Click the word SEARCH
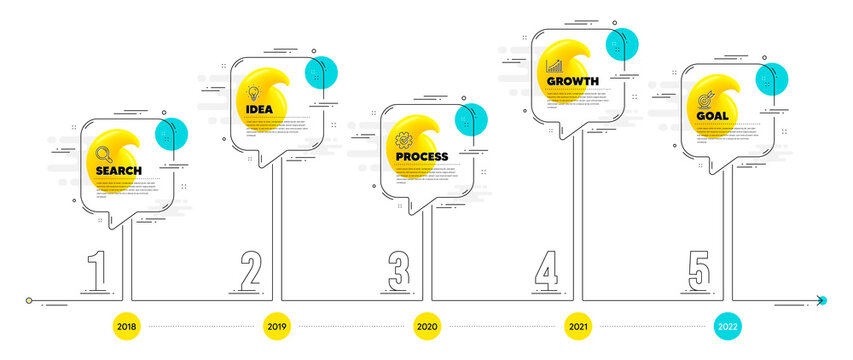tap(118, 171)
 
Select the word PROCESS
tap(421, 157)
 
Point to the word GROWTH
tap(573, 80)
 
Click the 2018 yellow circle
tap(128, 326)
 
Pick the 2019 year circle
tap(277, 326)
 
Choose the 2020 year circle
tap(427, 326)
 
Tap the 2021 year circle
tap(577, 326)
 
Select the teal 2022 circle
tap(727, 326)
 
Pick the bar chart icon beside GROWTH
tap(552, 64)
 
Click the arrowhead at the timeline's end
tap(820, 300)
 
